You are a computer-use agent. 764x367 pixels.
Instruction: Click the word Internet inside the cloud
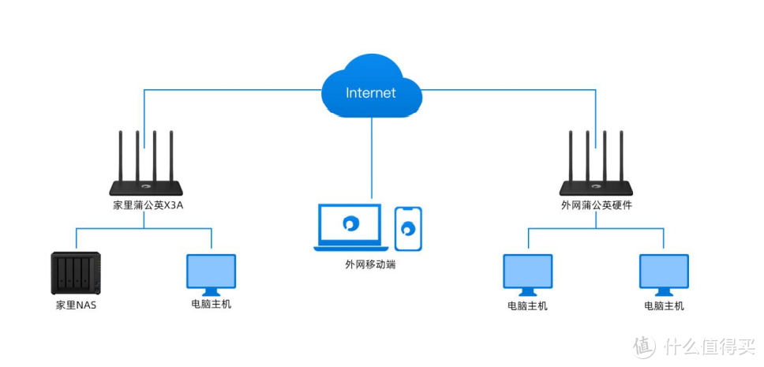tap(371, 93)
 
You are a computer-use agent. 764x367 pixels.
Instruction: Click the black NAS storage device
tap(76, 273)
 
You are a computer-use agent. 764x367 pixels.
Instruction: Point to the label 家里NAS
tap(76, 305)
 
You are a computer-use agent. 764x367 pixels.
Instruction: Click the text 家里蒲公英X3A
tap(148, 206)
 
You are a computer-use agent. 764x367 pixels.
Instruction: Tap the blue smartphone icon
tap(408, 229)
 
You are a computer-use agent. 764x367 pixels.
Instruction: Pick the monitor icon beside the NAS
tap(211, 273)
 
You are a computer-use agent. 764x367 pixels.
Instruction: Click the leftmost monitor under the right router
tap(527, 273)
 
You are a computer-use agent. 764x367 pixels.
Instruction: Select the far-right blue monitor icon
tap(664, 273)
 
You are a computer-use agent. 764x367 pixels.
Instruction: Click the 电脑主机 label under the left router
tap(211, 305)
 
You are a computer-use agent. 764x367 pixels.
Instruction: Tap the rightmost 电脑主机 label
tap(664, 305)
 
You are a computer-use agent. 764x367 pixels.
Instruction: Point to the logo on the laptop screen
tap(349, 224)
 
